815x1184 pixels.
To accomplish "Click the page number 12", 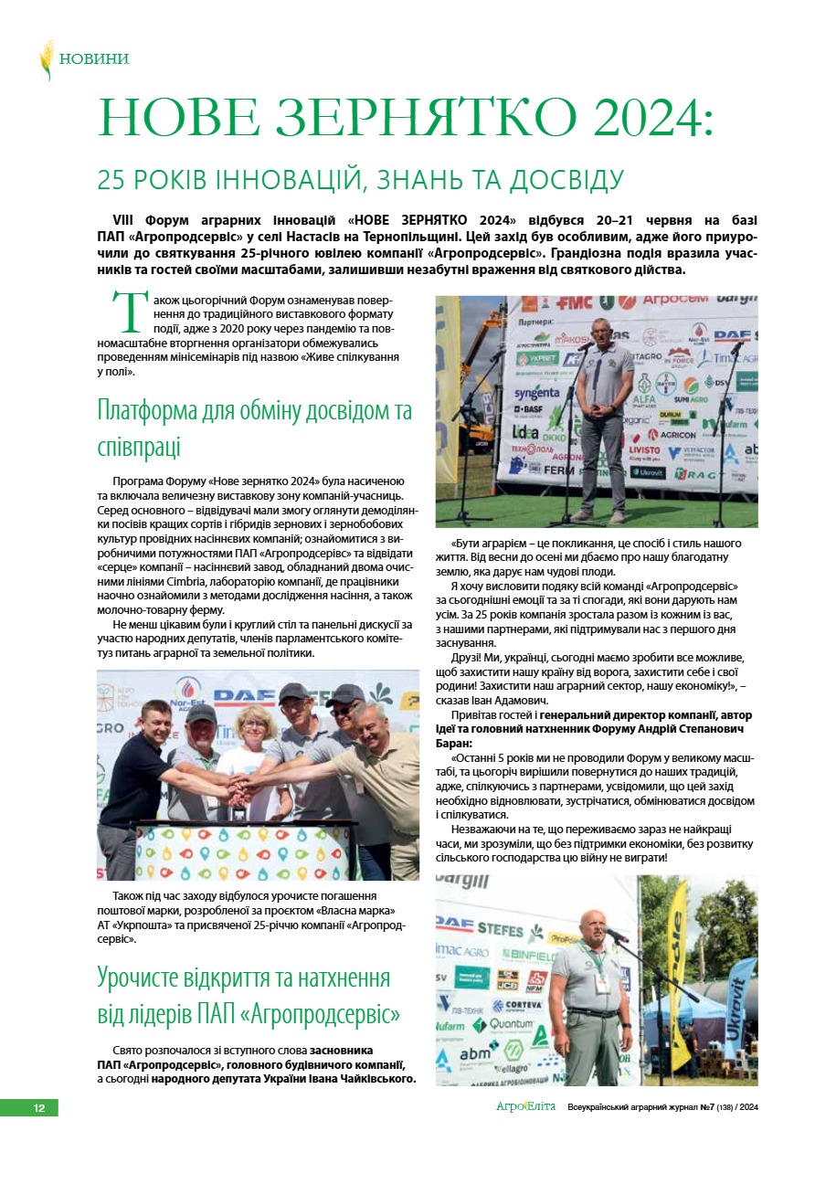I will [39, 1108].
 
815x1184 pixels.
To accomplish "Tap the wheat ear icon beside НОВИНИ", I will [46, 59].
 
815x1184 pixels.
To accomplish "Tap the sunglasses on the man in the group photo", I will [343, 708].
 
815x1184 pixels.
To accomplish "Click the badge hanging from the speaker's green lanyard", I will [603, 982].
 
